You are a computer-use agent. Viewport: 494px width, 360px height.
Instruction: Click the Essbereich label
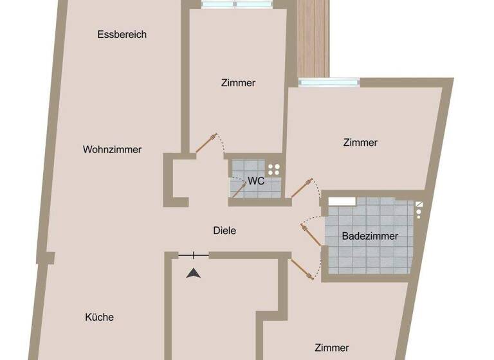(122, 35)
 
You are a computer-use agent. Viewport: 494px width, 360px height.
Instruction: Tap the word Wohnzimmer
(112, 150)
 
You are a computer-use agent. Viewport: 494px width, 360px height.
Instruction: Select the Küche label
(99, 317)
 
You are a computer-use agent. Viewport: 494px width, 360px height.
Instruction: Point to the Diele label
(224, 230)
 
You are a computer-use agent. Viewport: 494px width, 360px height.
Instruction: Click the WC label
(256, 181)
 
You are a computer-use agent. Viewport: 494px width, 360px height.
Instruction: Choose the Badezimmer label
(370, 236)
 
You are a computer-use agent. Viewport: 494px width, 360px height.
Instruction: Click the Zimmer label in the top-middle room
(238, 83)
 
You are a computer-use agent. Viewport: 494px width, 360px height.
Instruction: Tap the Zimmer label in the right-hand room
(360, 143)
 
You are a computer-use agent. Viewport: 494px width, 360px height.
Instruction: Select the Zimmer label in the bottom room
(332, 348)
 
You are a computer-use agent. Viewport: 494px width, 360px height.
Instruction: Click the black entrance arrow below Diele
(194, 273)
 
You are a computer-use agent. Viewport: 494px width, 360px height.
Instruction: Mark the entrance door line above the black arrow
(194, 256)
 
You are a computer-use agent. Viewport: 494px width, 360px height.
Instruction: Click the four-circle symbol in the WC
(274, 169)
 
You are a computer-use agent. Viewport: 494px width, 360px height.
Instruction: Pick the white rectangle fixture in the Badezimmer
(342, 201)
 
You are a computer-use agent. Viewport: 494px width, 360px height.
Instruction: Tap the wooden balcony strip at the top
(313, 39)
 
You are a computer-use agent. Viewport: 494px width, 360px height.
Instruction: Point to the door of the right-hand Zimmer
(300, 188)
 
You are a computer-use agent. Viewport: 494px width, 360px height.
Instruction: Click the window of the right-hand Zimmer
(329, 82)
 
